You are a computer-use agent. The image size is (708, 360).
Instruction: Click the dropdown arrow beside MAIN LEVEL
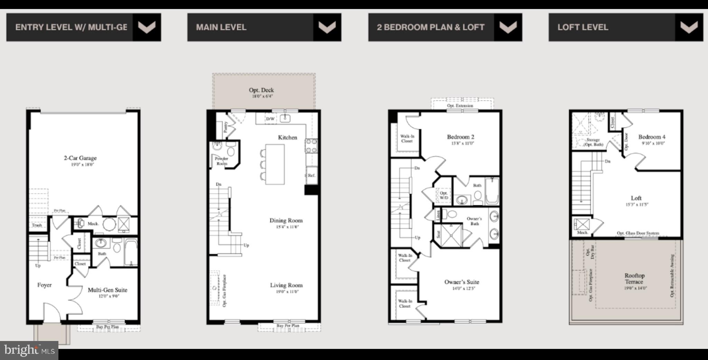pyautogui.click(x=327, y=27)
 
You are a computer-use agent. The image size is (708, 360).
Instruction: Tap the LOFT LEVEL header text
pyautogui.click(x=583, y=27)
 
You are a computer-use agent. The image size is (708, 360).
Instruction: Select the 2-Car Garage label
pyautogui.click(x=80, y=158)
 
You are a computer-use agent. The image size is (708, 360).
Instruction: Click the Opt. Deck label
pyautogui.click(x=261, y=90)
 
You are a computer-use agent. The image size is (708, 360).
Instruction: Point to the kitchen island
pyautogui.click(x=275, y=164)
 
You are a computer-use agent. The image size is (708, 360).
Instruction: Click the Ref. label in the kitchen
pyautogui.click(x=311, y=175)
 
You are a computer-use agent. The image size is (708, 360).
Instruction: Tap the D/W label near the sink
pyautogui.click(x=270, y=119)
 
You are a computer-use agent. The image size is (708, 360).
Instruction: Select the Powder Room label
pyautogui.click(x=222, y=161)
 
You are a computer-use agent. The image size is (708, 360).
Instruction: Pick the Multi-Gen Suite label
pyautogui.click(x=108, y=290)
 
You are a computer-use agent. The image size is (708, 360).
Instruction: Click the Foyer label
pyautogui.click(x=45, y=285)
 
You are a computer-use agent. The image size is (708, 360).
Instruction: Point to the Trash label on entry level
pyautogui.click(x=37, y=225)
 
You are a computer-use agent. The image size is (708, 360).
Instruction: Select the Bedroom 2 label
pyautogui.click(x=460, y=137)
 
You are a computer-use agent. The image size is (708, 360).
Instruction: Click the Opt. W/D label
pyautogui.click(x=444, y=195)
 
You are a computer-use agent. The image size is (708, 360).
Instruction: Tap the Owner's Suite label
pyautogui.click(x=462, y=282)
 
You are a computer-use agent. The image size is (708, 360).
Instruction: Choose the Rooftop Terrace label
pyautogui.click(x=634, y=278)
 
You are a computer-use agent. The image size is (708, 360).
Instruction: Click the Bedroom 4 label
pyautogui.click(x=652, y=137)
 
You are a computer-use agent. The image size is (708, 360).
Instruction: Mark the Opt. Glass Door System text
pyautogui.click(x=638, y=233)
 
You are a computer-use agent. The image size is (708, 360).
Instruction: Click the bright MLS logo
pyautogui.click(x=29, y=350)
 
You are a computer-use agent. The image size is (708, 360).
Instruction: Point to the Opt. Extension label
pyautogui.click(x=460, y=105)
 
